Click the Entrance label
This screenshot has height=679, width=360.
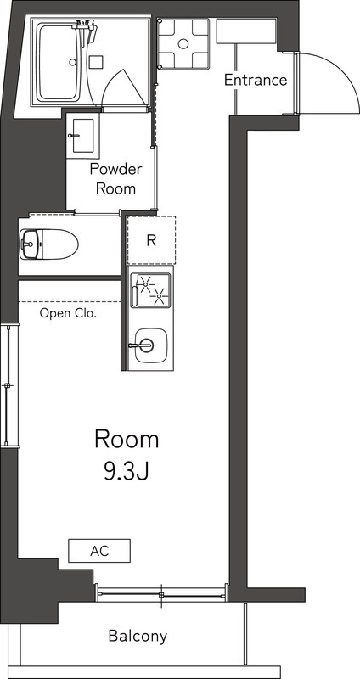click(255, 81)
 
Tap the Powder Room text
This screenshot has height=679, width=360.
click(115, 178)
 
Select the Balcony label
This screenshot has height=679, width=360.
click(138, 636)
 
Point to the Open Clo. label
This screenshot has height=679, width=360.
click(69, 312)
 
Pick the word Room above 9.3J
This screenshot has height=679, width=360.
click(126, 440)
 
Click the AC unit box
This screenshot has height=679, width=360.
click(99, 551)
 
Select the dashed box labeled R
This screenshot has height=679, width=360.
click(151, 240)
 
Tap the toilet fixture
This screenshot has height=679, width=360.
click(48, 244)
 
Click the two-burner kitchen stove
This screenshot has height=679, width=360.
click(151, 290)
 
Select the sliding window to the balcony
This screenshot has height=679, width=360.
click(160, 594)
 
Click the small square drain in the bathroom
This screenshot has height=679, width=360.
click(96, 61)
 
